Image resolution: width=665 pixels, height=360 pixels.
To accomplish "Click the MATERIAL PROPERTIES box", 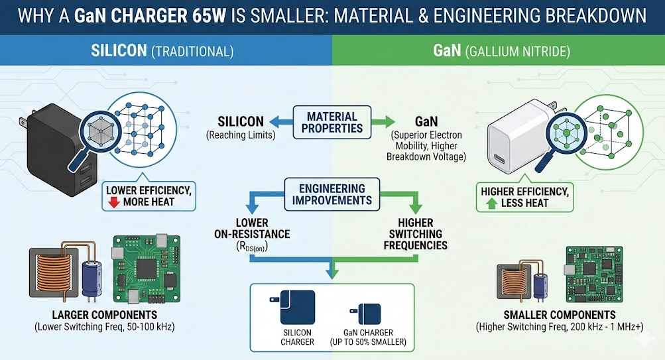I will [x=332, y=122].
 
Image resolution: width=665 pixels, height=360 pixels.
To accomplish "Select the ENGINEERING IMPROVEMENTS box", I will [x=332, y=193].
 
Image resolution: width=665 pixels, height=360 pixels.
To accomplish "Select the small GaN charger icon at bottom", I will [x=369, y=312].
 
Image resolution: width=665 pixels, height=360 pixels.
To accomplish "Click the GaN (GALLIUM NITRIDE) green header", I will [x=498, y=50].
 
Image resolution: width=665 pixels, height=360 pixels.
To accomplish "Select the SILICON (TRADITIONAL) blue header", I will [x=166, y=50].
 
